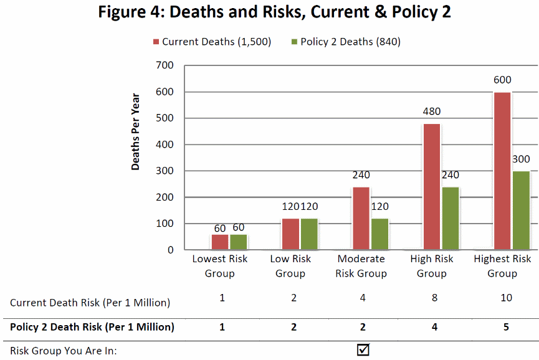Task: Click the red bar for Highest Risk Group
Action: click(x=502, y=171)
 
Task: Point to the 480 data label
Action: click(x=431, y=112)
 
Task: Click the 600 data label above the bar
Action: click(x=502, y=80)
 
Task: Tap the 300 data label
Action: click(x=521, y=159)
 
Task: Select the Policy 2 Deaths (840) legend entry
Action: click(x=346, y=42)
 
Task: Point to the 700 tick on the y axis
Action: click(x=166, y=65)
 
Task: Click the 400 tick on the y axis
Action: click(x=166, y=144)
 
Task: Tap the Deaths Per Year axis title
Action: click(x=136, y=131)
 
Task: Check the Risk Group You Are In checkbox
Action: click(x=363, y=350)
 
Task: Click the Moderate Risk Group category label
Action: click(x=361, y=266)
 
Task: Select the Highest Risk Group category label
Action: click(x=502, y=266)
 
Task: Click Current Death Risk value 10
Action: click(x=506, y=298)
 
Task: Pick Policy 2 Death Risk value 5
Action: click(x=506, y=326)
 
